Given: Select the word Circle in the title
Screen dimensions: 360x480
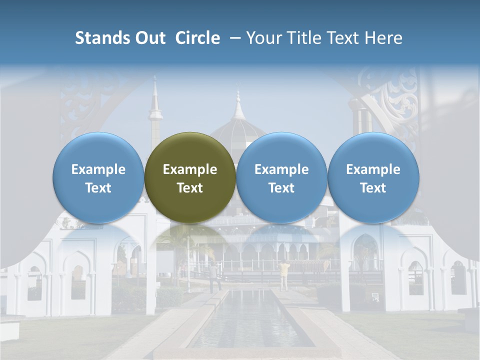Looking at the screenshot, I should pos(197,38).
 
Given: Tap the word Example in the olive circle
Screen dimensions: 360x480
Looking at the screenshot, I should pos(190,169).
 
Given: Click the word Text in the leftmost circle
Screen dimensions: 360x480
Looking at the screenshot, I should pos(98,188).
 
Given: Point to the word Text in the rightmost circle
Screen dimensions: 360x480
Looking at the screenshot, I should pos(373,188).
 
